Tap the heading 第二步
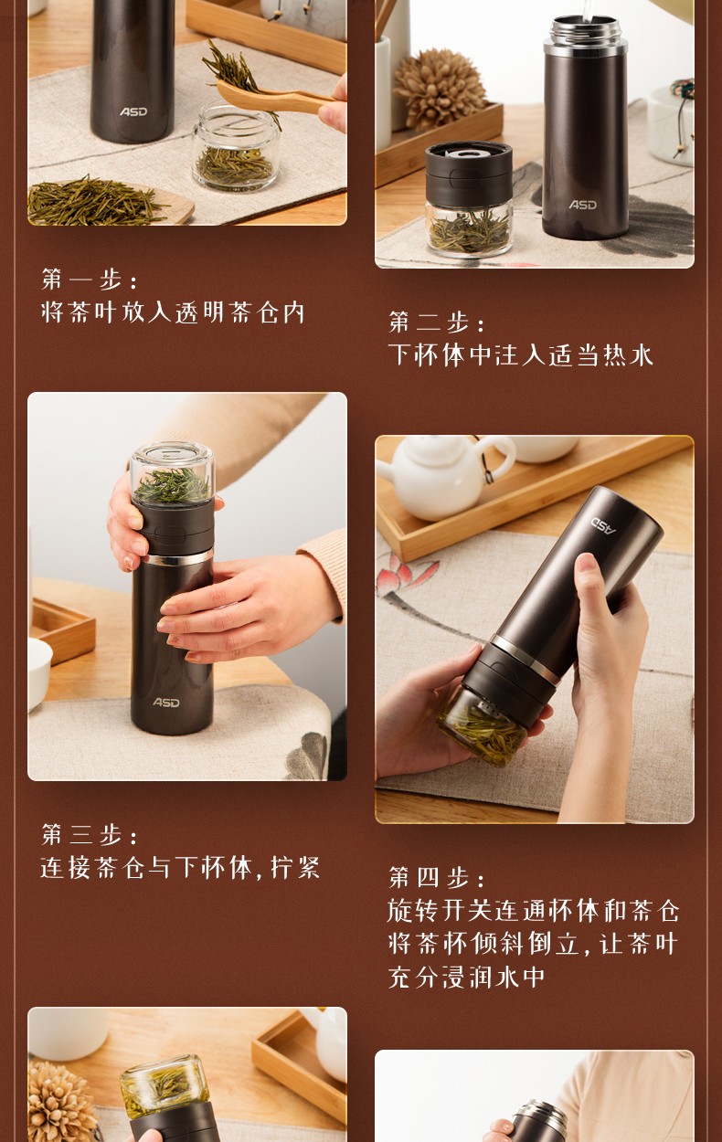coord(437,323)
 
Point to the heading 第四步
coord(437,877)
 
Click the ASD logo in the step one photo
coord(133,111)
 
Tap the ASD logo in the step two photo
coord(583,205)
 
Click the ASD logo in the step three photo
coord(166,703)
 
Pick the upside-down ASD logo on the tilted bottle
coord(604,525)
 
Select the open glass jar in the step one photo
coord(236,147)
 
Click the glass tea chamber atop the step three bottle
coord(172,471)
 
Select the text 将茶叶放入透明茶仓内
coord(173,312)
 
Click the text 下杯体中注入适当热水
coord(521,354)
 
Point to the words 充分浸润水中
coord(466,978)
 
